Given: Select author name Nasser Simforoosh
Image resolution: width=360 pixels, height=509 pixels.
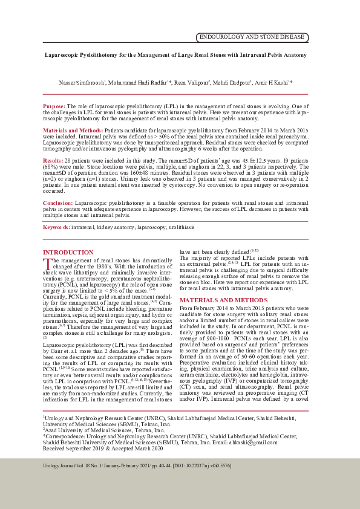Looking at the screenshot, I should tap(82, 83).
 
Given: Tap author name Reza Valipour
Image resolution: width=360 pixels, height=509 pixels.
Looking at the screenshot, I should tap(192, 83).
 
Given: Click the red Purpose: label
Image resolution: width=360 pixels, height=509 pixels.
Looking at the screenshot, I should tap(54, 106).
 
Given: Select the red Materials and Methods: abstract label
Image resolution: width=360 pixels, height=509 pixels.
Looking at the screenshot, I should tap(73, 130).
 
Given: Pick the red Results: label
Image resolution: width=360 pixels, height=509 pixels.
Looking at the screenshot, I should tap(53, 160).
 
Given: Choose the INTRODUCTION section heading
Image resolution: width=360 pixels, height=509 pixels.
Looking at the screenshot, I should tap(68, 252).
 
